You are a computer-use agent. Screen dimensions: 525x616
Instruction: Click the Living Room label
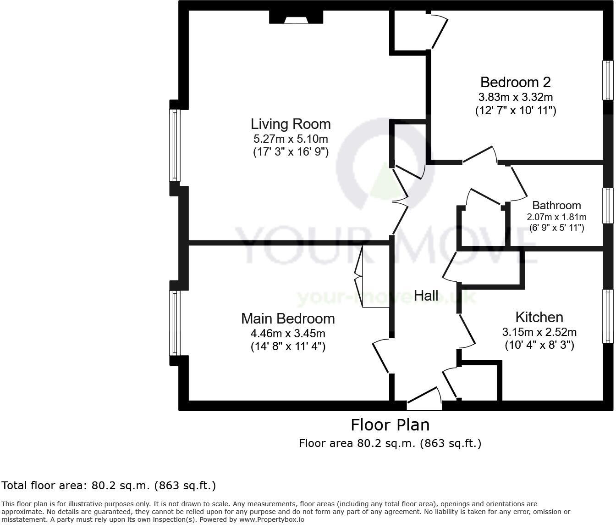291,124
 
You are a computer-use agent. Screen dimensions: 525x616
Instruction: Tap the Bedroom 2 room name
515,82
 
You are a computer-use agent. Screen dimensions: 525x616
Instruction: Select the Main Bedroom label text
288,318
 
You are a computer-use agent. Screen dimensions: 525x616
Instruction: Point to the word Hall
426,296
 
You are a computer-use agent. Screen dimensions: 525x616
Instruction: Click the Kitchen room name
539,317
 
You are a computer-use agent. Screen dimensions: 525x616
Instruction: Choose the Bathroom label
556,205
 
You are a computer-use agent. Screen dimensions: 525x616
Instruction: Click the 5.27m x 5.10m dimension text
291,139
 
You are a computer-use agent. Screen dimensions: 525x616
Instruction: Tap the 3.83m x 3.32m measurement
515,97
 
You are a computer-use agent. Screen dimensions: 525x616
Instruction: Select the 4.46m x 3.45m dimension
288,333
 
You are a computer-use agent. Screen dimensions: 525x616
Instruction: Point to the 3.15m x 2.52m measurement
539,332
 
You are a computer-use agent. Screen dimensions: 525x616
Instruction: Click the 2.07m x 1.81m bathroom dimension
556,217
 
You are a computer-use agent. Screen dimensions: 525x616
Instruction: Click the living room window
175,145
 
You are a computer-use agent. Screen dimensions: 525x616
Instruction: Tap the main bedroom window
175,323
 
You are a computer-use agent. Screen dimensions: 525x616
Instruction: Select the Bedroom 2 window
608,80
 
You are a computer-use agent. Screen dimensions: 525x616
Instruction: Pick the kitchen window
608,316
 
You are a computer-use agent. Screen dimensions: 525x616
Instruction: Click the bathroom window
608,206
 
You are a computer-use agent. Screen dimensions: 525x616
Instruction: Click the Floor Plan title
390,425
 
